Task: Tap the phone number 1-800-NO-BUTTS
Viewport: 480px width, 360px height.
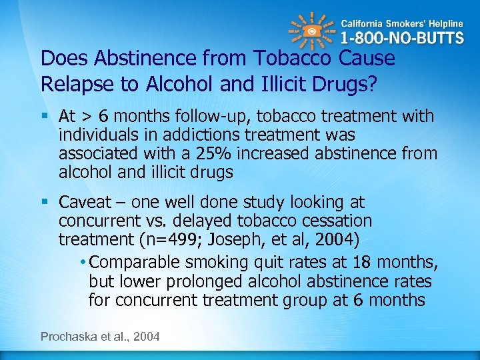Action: point(403,37)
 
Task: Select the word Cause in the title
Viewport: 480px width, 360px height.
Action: point(367,59)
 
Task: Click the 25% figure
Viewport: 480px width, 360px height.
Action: point(213,153)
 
